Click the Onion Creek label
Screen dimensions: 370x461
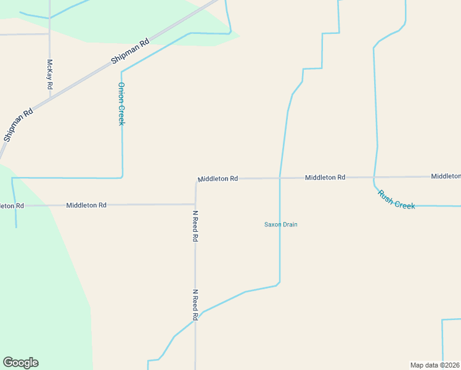(121, 104)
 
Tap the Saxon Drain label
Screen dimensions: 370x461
(281, 224)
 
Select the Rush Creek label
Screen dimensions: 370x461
(396, 199)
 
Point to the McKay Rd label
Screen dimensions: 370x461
(50, 75)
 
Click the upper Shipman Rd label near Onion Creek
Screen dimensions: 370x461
(131, 52)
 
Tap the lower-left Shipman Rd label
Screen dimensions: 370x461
(18, 126)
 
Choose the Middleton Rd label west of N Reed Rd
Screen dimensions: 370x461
(86, 205)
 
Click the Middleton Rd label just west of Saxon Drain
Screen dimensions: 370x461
(218, 179)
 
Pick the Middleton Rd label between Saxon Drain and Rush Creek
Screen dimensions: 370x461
(325, 178)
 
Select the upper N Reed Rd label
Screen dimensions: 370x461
(195, 226)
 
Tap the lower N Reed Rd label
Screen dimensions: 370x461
(195, 305)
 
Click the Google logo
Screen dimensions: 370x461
(20, 363)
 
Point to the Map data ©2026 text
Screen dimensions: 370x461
(434, 365)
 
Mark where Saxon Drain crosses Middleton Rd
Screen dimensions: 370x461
(280, 178)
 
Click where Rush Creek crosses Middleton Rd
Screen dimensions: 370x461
(374, 178)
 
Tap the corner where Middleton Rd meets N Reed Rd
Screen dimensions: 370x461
(196, 203)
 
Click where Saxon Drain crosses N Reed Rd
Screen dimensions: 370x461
(196, 319)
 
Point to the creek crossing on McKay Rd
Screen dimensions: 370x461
(50, 18)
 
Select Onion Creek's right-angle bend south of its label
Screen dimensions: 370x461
(122, 177)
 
